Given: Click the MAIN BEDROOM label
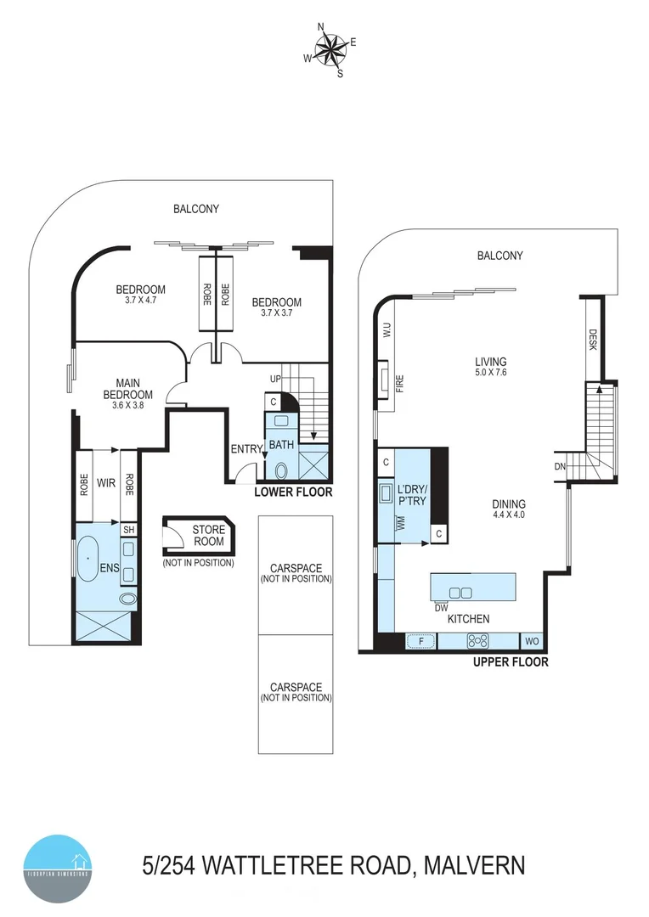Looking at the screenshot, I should click(127, 389).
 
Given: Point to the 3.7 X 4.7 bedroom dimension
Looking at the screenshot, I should click(140, 301).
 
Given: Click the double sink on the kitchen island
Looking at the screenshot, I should click(461, 592).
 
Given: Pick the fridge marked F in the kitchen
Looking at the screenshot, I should click(420, 641).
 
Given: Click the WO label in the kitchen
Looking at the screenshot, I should click(532, 641).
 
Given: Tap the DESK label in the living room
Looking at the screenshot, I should click(593, 340).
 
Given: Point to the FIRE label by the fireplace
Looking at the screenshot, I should click(399, 385).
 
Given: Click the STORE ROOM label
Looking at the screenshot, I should click(208, 536).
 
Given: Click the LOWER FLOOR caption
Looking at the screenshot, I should click(294, 492).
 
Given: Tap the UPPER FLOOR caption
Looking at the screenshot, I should click(511, 662).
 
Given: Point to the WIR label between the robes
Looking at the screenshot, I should click(107, 484).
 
